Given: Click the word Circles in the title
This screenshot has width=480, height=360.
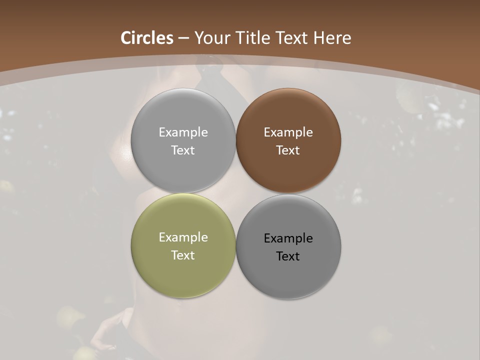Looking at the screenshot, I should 147,38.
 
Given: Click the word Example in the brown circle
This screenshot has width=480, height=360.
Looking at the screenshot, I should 288,132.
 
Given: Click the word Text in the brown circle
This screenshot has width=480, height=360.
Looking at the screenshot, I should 288,150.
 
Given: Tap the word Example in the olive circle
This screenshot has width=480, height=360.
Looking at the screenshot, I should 183,237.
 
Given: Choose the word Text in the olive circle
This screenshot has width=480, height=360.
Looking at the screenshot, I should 183,255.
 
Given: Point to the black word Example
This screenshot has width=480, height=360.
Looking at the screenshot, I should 288,238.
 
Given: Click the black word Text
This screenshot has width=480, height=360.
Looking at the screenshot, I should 288,256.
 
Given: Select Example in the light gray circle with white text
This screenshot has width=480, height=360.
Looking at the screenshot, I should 183,132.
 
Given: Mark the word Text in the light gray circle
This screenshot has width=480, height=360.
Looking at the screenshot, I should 183,150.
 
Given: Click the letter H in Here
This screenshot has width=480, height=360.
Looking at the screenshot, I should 320,38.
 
